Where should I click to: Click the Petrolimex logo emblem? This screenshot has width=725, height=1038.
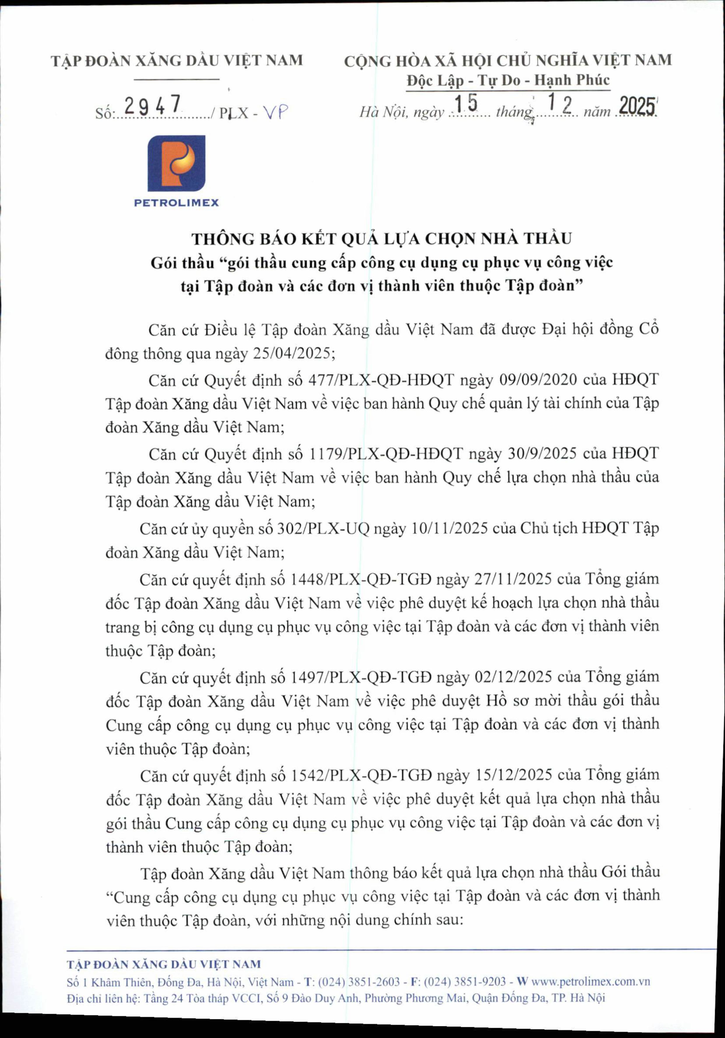click(176, 163)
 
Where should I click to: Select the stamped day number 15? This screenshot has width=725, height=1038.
click(466, 103)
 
